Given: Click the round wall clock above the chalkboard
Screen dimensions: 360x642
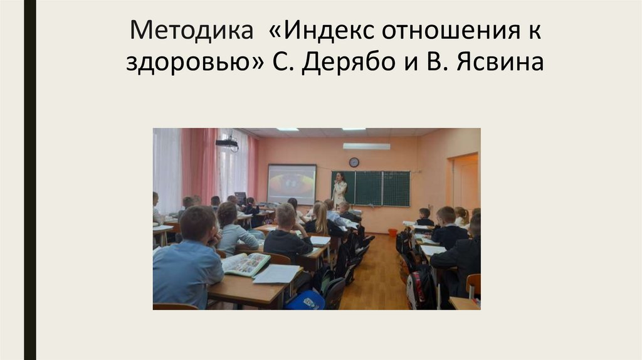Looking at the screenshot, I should tap(354, 162).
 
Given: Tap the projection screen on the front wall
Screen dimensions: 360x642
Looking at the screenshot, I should tap(292, 184).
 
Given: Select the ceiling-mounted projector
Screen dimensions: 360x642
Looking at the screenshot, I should tap(227, 143).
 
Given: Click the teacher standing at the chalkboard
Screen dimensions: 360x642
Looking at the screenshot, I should tap(339, 190).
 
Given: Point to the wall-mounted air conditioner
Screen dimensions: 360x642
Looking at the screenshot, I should tap(366, 146).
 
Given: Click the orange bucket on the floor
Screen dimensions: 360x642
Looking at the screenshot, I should tap(392, 232).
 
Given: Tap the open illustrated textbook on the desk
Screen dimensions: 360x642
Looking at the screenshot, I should tap(245, 264).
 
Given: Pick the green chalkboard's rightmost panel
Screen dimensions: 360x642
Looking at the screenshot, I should tap(396, 188).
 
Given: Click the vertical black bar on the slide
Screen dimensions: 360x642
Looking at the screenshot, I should tap(29, 180).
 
